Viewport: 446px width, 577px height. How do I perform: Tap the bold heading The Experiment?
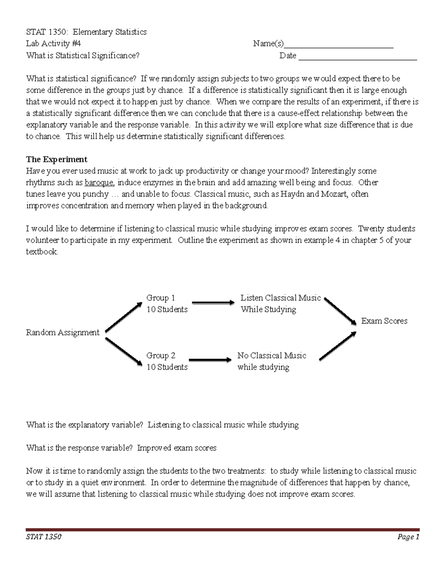click(56, 159)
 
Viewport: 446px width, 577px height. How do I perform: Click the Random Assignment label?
click(63, 333)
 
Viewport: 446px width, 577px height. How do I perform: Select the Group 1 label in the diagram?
click(161, 298)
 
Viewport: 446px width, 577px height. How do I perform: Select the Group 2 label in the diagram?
click(161, 356)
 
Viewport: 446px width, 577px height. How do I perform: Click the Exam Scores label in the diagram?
click(384, 321)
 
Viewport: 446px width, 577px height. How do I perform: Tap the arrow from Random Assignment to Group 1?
click(123, 317)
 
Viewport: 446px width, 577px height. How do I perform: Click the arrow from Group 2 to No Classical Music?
click(210, 360)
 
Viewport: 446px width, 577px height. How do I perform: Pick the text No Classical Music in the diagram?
click(272, 356)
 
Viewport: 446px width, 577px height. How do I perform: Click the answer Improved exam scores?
click(177, 448)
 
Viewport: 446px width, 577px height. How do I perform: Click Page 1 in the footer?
click(408, 537)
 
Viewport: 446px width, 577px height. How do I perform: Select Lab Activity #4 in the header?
click(53, 44)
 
